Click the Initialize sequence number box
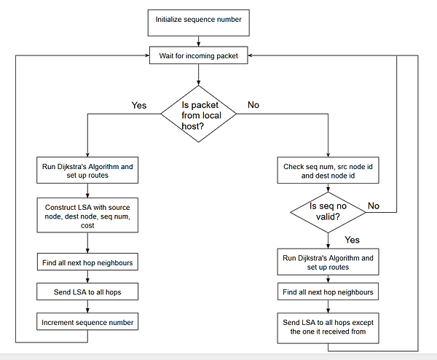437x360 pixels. point(198,23)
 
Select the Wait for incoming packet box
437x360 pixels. point(198,55)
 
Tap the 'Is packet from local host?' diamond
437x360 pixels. point(198,114)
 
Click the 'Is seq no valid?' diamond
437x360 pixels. point(328,212)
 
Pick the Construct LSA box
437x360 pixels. point(87,215)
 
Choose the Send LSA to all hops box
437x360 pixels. point(87,291)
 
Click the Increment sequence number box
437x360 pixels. point(87,322)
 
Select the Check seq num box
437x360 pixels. point(328,171)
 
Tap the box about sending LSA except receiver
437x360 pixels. point(328,328)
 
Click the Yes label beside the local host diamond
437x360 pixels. point(139,106)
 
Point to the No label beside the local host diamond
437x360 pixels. point(253,105)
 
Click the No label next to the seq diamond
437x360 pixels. point(374,206)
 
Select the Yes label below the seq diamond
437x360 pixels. point(352,240)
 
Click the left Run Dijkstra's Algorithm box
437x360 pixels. point(87,170)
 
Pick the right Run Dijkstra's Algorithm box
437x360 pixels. point(328,262)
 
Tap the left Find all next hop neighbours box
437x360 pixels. point(87,262)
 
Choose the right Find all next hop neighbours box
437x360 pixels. point(328,291)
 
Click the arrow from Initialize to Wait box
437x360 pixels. point(198,42)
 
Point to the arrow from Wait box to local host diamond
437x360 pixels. point(198,74)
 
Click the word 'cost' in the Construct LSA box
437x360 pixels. point(87,226)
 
